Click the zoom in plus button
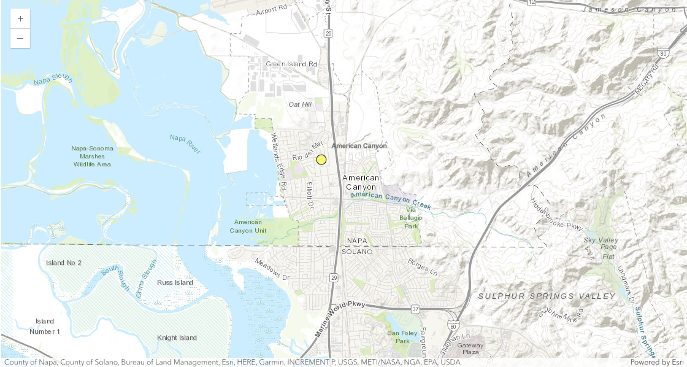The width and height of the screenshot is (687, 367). [x=20, y=19]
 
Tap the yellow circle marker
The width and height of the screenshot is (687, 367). [x=321, y=160]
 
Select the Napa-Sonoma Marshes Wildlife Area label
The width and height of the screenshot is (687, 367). [x=91, y=156]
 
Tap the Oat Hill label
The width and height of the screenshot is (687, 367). [x=301, y=104]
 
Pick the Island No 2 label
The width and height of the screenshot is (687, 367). [x=64, y=263]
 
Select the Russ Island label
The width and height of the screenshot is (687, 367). [x=175, y=283]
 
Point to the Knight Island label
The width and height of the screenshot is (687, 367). [x=177, y=338]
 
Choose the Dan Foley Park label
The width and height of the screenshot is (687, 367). [x=402, y=337]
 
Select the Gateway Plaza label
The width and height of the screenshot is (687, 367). [x=470, y=349]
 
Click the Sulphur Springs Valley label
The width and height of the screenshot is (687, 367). [x=547, y=296]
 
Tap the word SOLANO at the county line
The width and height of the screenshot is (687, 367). [x=361, y=252]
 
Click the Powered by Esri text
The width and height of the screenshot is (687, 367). [x=656, y=362]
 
